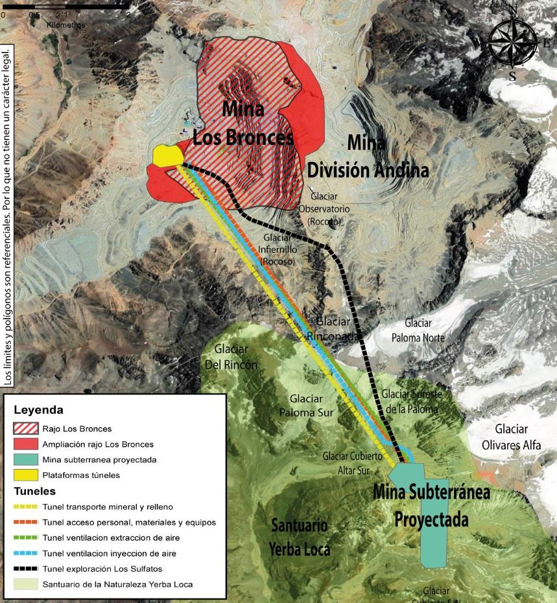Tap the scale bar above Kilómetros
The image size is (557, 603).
point(65,6)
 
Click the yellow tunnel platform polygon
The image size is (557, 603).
point(166,155)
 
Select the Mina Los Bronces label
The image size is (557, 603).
point(243,123)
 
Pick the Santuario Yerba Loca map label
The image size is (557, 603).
point(300,537)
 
